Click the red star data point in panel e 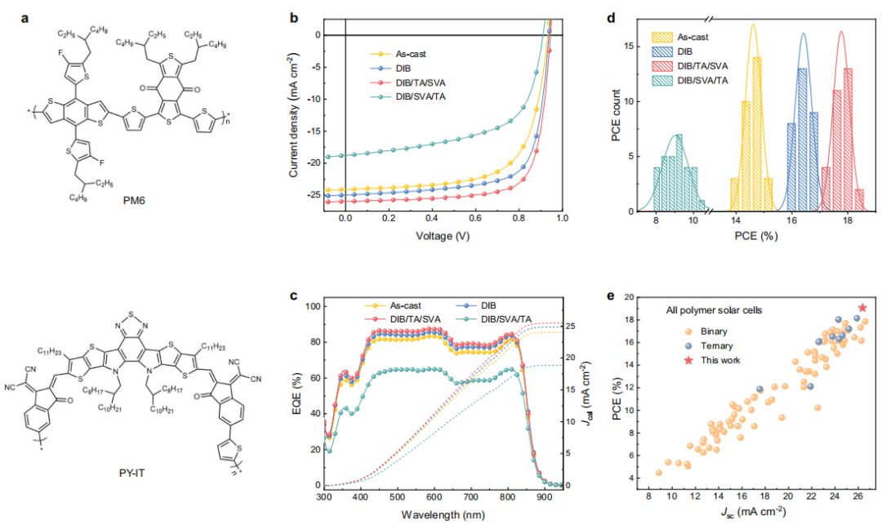tap(862, 308)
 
